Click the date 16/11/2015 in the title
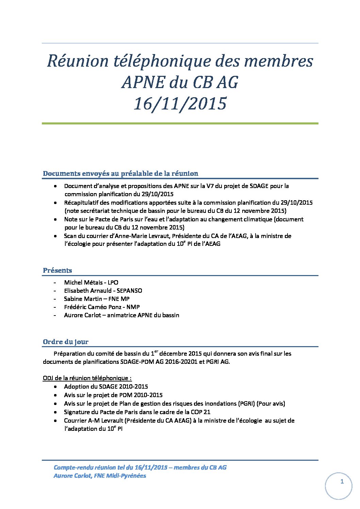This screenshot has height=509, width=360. (180, 104)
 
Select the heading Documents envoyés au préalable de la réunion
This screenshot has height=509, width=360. (120, 173)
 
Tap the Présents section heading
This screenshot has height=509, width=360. (58, 270)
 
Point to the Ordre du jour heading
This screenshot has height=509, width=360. (66, 342)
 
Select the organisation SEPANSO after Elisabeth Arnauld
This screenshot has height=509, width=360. (129, 290)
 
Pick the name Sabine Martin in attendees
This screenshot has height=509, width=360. (83, 299)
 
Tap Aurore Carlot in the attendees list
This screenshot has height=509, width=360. (82, 315)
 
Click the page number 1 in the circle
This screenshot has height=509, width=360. (342, 481)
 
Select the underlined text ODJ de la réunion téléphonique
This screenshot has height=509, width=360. (87, 378)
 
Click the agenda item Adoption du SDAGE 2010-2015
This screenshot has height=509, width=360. (106, 386)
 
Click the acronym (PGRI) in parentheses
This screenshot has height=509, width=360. (246, 403)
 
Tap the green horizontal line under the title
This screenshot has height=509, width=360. (180, 123)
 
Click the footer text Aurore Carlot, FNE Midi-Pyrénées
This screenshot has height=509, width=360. (100, 475)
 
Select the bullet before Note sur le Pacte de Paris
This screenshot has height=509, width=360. (55, 220)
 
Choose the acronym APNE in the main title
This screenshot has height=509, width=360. (143, 83)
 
